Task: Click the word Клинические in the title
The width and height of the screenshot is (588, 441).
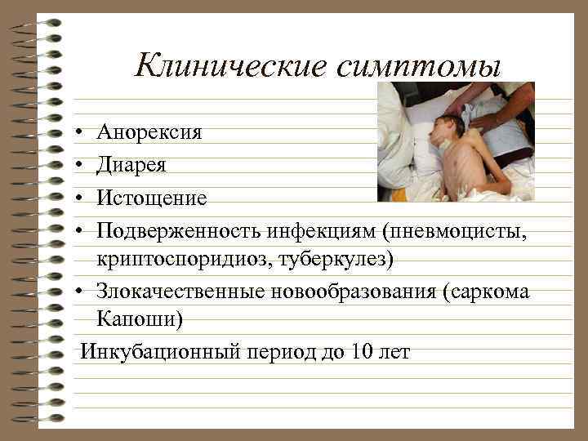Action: point(216,65)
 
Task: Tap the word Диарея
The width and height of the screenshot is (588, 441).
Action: point(131,166)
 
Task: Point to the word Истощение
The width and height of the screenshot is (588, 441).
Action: point(151,198)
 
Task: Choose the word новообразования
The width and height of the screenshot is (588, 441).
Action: point(353,291)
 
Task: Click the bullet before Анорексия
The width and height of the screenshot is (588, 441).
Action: point(75,132)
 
